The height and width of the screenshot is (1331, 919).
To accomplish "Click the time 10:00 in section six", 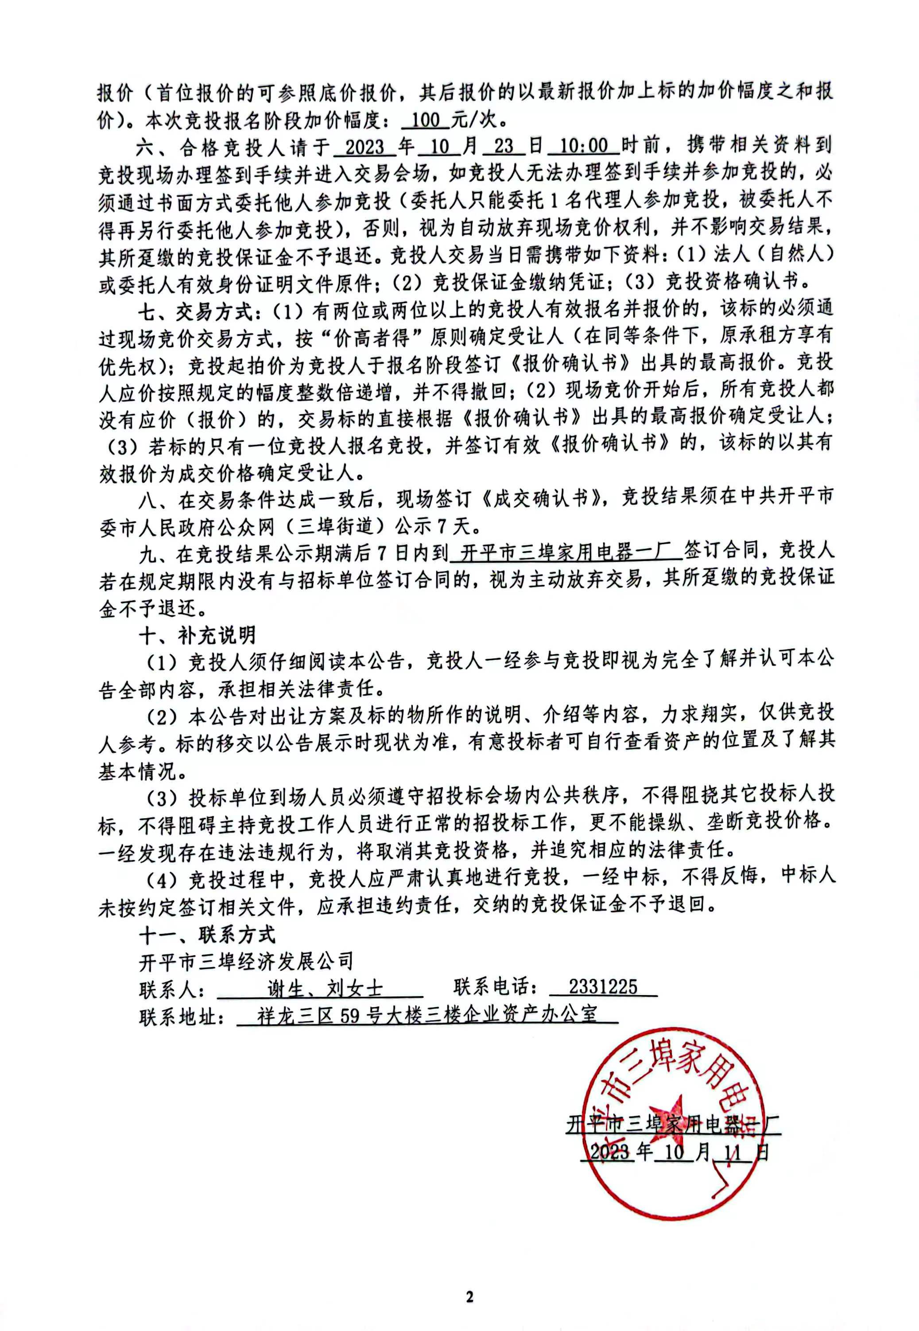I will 583,146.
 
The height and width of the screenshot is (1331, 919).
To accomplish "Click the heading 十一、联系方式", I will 207,934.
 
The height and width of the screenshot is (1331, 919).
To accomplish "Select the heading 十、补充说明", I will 198,636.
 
